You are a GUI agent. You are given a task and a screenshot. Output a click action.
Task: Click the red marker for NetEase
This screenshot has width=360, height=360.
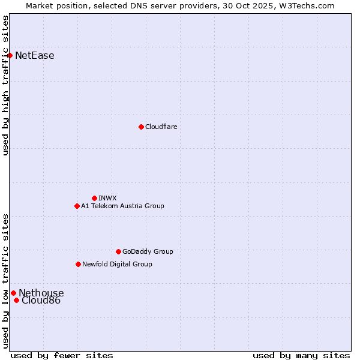[10, 56]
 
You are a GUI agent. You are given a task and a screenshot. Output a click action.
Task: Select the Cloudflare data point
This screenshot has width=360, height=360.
[141, 127]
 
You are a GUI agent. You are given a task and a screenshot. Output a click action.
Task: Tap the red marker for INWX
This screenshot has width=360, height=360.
[94, 198]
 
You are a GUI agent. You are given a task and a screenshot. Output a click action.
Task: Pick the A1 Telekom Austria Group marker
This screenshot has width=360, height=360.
[77, 206]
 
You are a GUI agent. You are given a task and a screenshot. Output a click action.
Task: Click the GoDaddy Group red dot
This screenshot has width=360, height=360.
[118, 251]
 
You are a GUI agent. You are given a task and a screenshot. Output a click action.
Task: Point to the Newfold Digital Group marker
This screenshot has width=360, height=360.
[78, 264]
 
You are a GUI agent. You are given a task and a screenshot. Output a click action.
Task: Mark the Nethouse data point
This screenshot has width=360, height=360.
[13, 293]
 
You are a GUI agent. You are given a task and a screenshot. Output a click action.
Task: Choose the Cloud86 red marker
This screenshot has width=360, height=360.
[16, 300]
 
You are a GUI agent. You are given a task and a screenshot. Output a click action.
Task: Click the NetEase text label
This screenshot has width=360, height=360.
[35, 56]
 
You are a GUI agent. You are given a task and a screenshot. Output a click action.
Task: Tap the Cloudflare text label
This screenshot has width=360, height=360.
[161, 127]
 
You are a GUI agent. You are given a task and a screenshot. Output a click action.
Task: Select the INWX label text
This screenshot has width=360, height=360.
[107, 198]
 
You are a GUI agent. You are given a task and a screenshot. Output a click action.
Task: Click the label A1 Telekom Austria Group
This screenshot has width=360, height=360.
[122, 206]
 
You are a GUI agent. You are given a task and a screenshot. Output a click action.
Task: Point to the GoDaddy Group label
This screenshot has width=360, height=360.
[148, 251]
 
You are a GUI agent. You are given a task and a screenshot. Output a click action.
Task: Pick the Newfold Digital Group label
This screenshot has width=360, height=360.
[117, 264]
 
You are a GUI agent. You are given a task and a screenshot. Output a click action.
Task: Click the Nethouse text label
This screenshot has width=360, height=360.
[41, 293]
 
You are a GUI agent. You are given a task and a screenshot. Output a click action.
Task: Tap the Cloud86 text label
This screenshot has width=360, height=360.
[41, 301]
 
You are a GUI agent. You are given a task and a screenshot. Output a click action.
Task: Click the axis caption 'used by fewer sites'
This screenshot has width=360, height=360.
[62, 355]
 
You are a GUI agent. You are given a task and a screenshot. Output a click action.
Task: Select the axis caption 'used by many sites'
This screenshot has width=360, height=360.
[301, 355]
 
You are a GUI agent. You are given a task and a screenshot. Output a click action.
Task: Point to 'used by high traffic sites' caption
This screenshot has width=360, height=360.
[5, 85]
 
